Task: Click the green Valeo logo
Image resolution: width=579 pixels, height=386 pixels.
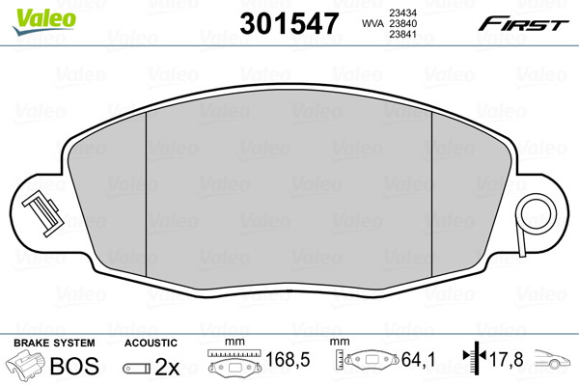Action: pos(44,21)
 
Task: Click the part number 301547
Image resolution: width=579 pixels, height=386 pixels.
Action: pos(289,23)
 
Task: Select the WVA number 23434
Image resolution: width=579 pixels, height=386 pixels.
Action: pos(402,13)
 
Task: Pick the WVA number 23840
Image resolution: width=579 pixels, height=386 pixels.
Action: pos(402,23)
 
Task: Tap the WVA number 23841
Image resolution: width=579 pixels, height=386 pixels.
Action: pos(402,35)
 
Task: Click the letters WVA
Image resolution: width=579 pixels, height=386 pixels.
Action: pos(372,23)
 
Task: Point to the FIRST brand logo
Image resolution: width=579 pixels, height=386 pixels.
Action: pos(523,24)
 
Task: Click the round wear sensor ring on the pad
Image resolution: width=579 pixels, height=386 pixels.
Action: pos(538,214)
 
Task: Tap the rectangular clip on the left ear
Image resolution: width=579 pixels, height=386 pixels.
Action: pos(42,215)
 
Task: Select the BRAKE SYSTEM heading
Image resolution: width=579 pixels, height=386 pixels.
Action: pos(54,344)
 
